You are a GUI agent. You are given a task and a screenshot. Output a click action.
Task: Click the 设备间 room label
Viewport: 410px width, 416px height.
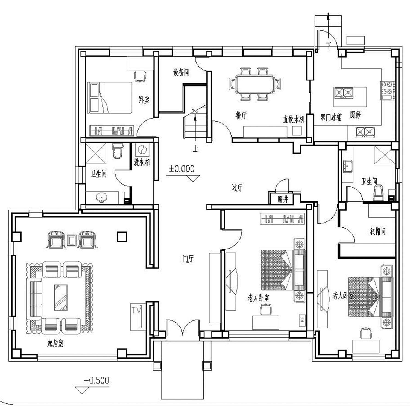pos(181,72)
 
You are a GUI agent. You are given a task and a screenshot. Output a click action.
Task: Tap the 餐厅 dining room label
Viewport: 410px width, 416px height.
pos(241,115)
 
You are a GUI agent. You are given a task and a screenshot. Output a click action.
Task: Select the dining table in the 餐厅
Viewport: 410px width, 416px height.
pos(254,84)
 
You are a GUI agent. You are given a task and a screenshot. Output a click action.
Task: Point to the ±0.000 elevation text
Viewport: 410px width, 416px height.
pos(182,169)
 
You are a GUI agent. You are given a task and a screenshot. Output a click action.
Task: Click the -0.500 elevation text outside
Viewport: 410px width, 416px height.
pos(96,380)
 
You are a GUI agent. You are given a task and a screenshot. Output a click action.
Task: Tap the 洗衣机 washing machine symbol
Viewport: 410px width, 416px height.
pos(142,150)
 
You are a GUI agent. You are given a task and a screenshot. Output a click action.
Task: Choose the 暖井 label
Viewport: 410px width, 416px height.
pos(283,200)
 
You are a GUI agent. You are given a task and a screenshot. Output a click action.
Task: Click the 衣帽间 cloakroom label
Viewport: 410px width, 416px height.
pos(377,232)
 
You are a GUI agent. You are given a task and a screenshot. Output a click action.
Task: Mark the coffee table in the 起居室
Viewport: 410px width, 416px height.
pos(61,297)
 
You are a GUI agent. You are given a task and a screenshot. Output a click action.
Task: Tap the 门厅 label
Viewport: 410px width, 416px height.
pos(188,259)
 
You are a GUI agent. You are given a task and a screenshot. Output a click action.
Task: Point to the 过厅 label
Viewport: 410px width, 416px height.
pos(237,188)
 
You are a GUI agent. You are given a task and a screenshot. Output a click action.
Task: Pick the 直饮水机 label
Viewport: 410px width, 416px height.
pos(294,119)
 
